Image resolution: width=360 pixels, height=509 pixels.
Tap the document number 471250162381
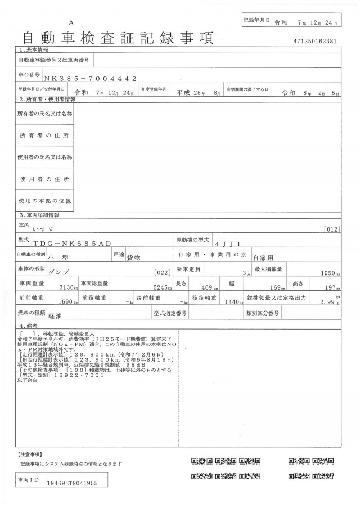click(x=315, y=42)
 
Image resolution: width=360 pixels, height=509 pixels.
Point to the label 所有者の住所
click(x=44, y=136)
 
